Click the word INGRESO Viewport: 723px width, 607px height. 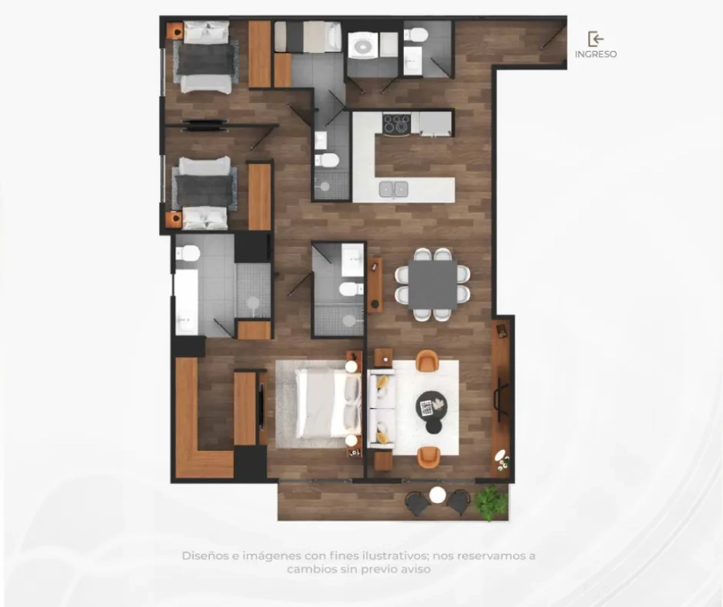coord(596,54)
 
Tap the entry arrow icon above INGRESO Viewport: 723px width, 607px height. coord(596,39)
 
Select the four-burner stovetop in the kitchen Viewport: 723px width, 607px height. coord(396,125)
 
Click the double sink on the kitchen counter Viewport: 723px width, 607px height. coord(393,189)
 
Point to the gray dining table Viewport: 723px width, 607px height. coord(433,284)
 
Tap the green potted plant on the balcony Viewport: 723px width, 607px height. coord(491,502)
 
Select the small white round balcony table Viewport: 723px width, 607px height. coord(437,495)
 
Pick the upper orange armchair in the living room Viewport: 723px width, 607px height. coord(427,360)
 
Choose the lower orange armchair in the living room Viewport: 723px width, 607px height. coord(428,457)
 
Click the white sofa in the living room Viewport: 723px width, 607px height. coord(381,408)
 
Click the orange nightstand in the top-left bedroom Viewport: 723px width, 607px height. coord(175,31)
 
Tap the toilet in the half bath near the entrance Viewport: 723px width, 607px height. coord(416,35)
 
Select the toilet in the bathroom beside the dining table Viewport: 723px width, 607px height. coord(351,289)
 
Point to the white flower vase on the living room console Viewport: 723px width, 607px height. coord(501,457)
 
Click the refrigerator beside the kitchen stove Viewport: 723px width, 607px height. coord(435,124)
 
